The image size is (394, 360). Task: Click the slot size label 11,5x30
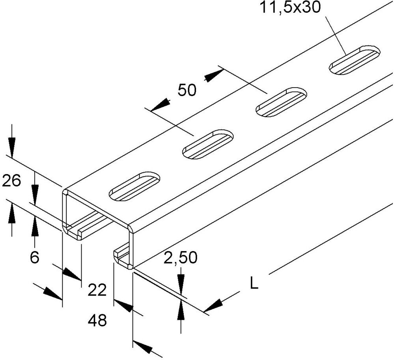290,7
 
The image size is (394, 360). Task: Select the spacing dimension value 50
187,90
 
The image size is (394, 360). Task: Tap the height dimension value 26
11,181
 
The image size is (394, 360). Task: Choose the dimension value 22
97,290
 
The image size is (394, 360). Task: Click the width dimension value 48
97,321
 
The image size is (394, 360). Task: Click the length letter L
254,283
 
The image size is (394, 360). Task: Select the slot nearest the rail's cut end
134,187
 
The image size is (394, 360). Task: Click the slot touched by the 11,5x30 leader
355,60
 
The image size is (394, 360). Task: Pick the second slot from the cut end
208,144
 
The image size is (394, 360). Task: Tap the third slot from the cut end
282,102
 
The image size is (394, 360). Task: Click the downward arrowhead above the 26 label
11,147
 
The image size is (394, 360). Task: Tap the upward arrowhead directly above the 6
35,227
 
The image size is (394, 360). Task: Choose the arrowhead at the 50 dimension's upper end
215,75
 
